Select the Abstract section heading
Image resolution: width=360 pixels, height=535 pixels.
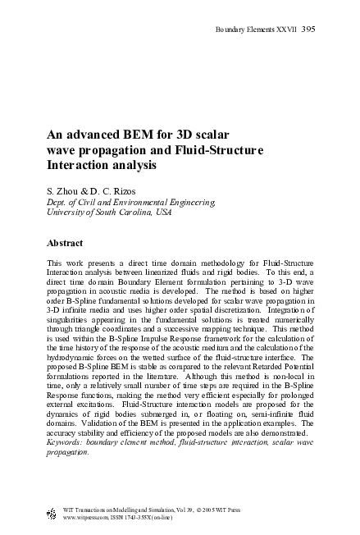tap(69, 243)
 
